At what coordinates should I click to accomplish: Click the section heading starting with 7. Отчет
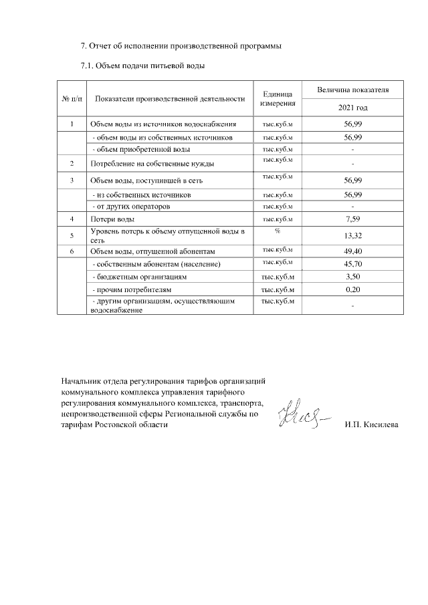pyautogui.click(x=181, y=46)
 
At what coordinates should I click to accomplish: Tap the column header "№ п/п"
pyautogui.click(x=72, y=99)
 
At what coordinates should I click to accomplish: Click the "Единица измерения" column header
pyautogui.click(x=279, y=99)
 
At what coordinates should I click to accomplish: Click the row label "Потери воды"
pyautogui.click(x=112, y=219)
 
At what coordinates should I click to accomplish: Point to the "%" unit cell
pyautogui.click(x=277, y=231)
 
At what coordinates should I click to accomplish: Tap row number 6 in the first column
pyautogui.click(x=72, y=251)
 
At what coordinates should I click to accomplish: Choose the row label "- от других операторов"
pyautogui.click(x=136, y=207)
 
